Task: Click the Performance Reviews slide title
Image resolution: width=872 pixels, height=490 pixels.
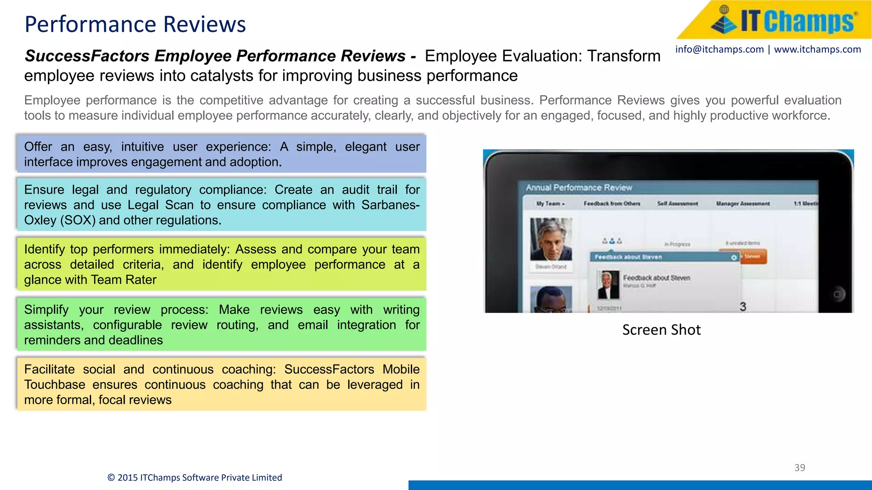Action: pyautogui.click(x=135, y=24)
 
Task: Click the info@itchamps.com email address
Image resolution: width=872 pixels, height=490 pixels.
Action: pyautogui.click(x=719, y=49)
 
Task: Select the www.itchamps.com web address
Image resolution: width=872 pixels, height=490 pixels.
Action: pyautogui.click(x=817, y=49)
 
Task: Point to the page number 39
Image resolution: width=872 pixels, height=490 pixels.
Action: pyautogui.click(x=800, y=467)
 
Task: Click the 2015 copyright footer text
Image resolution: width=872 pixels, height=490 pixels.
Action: pyautogui.click(x=195, y=478)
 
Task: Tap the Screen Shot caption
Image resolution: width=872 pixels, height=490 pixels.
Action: pyautogui.click(x=661, y=330)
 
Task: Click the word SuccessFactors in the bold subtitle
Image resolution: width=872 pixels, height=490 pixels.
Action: pyautogui.click(x=87, y=56)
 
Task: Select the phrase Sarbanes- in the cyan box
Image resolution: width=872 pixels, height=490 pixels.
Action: pyautogui.click(x=390, y=205)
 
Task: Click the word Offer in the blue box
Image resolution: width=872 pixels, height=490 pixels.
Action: pyautogui.click(x=38, y=147)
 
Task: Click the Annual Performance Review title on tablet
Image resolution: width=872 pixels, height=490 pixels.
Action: pyautogui.click(x=579, y=188)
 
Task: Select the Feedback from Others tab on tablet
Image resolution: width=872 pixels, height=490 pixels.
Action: pyautogui.click(x=611, y=204)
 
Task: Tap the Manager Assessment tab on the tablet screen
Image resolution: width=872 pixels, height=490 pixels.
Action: pyautogui.click(x=743, y=204)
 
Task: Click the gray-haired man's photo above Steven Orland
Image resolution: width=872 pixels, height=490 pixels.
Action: pyautogui.click(x=551, y=239)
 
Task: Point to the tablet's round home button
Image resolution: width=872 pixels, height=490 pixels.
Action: pyautogui.click(x=837, y=294)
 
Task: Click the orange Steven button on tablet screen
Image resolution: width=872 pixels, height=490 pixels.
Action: pyautogui.click(x=753, y=256)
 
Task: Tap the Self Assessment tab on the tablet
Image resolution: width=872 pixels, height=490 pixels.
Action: pyautogui.click(x=677, y=204)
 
